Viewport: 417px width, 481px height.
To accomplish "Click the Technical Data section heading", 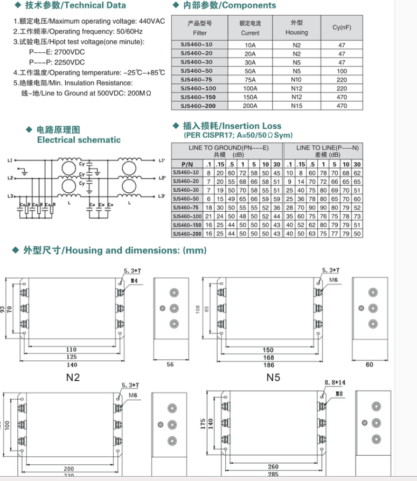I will click(75, 6).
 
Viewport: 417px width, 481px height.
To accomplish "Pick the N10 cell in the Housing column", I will click(296, 80).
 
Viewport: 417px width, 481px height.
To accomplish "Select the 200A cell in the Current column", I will click(250, 106).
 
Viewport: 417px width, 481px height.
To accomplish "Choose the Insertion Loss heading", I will click(232, 126).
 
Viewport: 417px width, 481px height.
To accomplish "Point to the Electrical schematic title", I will click(79, 140).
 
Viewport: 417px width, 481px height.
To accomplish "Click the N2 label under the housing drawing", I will click(73, 378).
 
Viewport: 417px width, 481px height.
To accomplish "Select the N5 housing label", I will click(273, 378).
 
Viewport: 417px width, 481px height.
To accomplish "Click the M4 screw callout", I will click(134, 281).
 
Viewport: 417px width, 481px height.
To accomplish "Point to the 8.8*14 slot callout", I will click(335, 382).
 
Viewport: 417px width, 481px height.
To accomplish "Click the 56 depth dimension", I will click(170, 365).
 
